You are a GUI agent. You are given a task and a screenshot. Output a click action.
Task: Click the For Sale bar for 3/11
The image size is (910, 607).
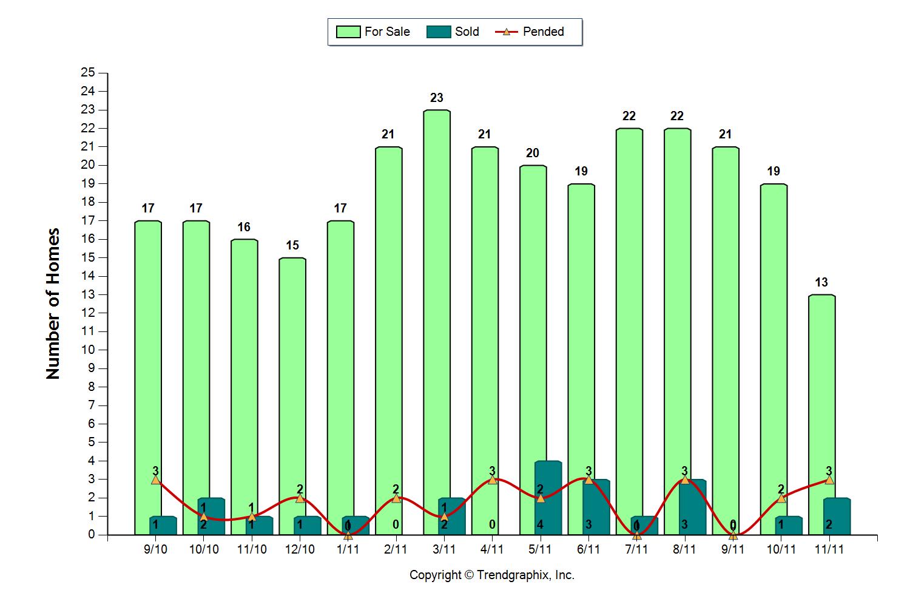coord(436,303)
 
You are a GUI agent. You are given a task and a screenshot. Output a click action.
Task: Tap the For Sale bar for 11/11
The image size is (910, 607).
coord(821,395)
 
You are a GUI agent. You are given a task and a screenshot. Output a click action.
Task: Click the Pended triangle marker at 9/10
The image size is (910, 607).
coord(156,480)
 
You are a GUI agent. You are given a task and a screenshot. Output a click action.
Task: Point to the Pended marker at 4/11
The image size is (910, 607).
coord(493,480)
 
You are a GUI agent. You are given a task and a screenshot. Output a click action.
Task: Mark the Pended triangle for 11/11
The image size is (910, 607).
coord(829,480)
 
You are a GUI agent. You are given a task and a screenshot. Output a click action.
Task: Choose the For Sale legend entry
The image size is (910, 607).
coord(374,32)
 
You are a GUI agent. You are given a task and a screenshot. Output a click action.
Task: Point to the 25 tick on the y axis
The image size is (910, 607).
coord(88,73)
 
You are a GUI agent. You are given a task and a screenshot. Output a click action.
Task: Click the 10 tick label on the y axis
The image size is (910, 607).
coord(88,350)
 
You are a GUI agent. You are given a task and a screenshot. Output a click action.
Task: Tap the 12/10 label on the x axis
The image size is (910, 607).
coord(300,549)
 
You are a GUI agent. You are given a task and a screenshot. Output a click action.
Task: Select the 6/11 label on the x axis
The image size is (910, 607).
coord(588,549)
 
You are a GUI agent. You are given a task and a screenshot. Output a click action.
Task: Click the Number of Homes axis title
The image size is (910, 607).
coord(53,303)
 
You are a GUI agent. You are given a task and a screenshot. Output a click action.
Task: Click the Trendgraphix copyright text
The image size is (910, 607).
coord(491,575)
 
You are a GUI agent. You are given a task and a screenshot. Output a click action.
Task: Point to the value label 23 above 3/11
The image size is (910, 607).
coord(436,98)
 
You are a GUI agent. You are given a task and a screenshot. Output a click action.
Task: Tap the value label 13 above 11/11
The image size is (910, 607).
coord(821,282)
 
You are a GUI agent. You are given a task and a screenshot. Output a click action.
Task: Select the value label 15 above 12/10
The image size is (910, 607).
coord(292,245)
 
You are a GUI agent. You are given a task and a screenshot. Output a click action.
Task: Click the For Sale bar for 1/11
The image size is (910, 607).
coord(340,364)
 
